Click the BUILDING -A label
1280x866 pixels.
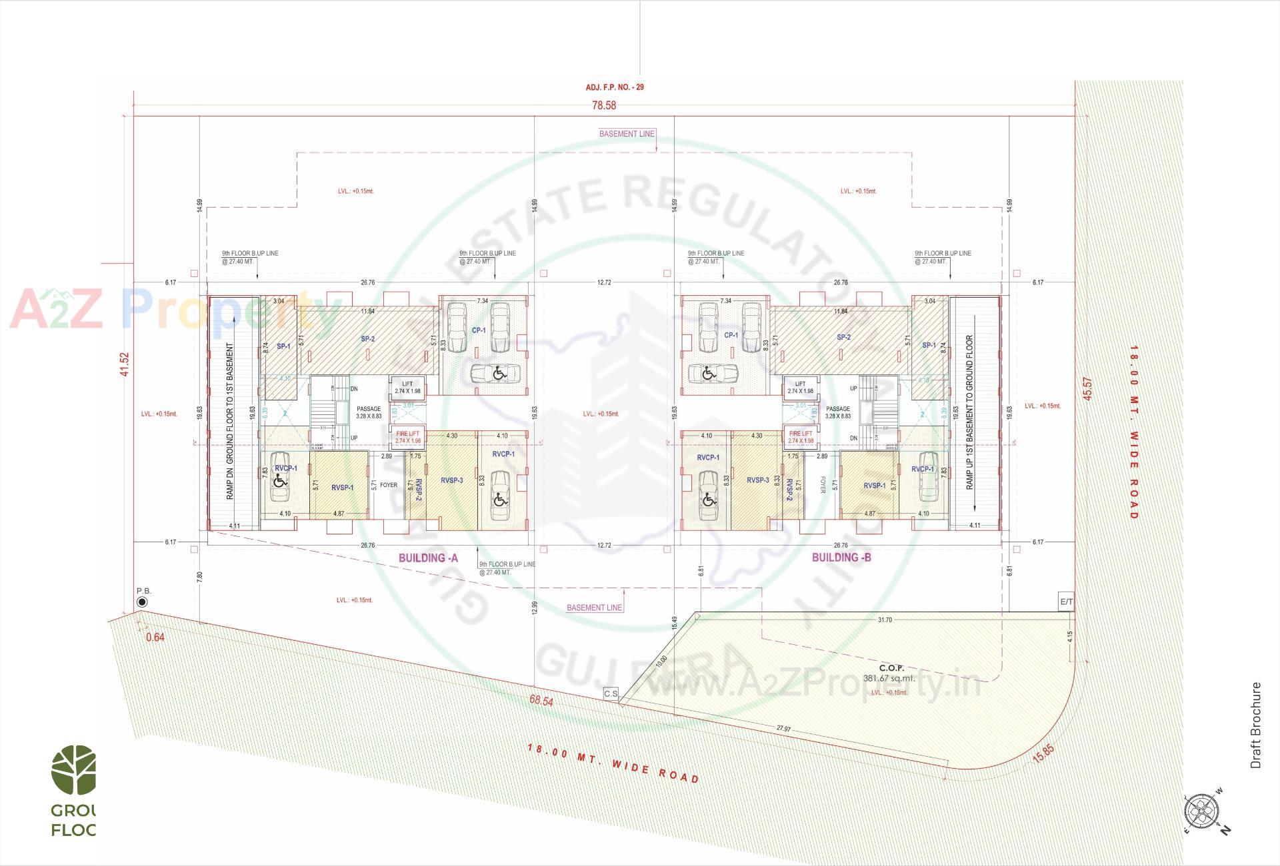click(428, 558)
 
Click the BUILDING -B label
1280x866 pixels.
click(841, 558)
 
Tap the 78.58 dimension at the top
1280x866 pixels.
click(604, 105)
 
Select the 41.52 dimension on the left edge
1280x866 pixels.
click(124, 364)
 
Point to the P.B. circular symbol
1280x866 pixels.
click(142, 602)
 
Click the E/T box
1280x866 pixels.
click(1067, 602)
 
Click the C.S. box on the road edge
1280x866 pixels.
click(611, 693)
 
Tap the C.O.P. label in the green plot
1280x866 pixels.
click(891, 668)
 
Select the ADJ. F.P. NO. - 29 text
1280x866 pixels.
click(615, 87)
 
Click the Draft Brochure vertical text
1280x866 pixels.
click(1256, 725)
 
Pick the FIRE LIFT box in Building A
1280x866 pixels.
click(407, 437)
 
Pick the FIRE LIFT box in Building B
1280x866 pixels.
click(800, 437)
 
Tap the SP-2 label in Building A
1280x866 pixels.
click(368, 339)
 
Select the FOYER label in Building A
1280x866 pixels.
click(389, 485)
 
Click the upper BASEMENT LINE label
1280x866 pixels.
click(627, 134)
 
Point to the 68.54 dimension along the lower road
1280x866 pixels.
click(541, 701)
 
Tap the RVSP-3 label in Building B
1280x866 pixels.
click(757, 480)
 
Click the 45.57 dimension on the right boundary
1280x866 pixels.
click(1087, 388)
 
